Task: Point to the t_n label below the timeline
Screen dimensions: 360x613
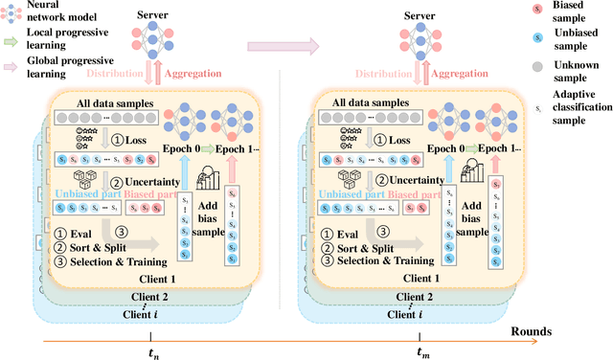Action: [x=153, y=350]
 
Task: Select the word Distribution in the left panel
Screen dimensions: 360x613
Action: [x=115, y=73]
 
